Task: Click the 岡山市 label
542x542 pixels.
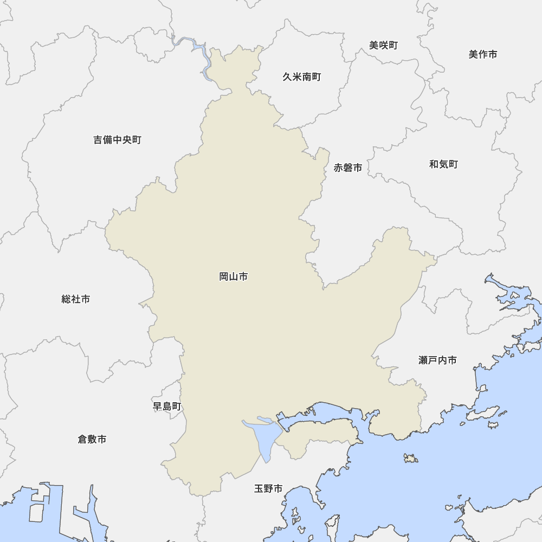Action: tap(234, 277)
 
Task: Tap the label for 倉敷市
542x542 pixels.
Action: tap(92, 439)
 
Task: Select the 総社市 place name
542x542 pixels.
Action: tap(76, 299)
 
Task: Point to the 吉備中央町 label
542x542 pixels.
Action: tap(117, 140)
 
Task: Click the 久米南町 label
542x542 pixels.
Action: tap(301, 77)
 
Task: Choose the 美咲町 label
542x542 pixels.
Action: tap(383, 46)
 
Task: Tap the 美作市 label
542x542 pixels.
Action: tap(482, 54)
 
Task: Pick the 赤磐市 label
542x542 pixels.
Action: tap(348, 168)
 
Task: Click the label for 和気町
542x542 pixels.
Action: tap(443, 164)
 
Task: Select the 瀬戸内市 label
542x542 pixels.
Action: tap(437, 360)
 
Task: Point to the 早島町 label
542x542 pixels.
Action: tap(167, 406)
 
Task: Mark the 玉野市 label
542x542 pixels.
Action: tap(268, 489)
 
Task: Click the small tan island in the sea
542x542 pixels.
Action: tap(411, 459)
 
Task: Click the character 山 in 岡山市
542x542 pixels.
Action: tap(234, 277)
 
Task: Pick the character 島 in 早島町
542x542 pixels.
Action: tap(167, 406)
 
